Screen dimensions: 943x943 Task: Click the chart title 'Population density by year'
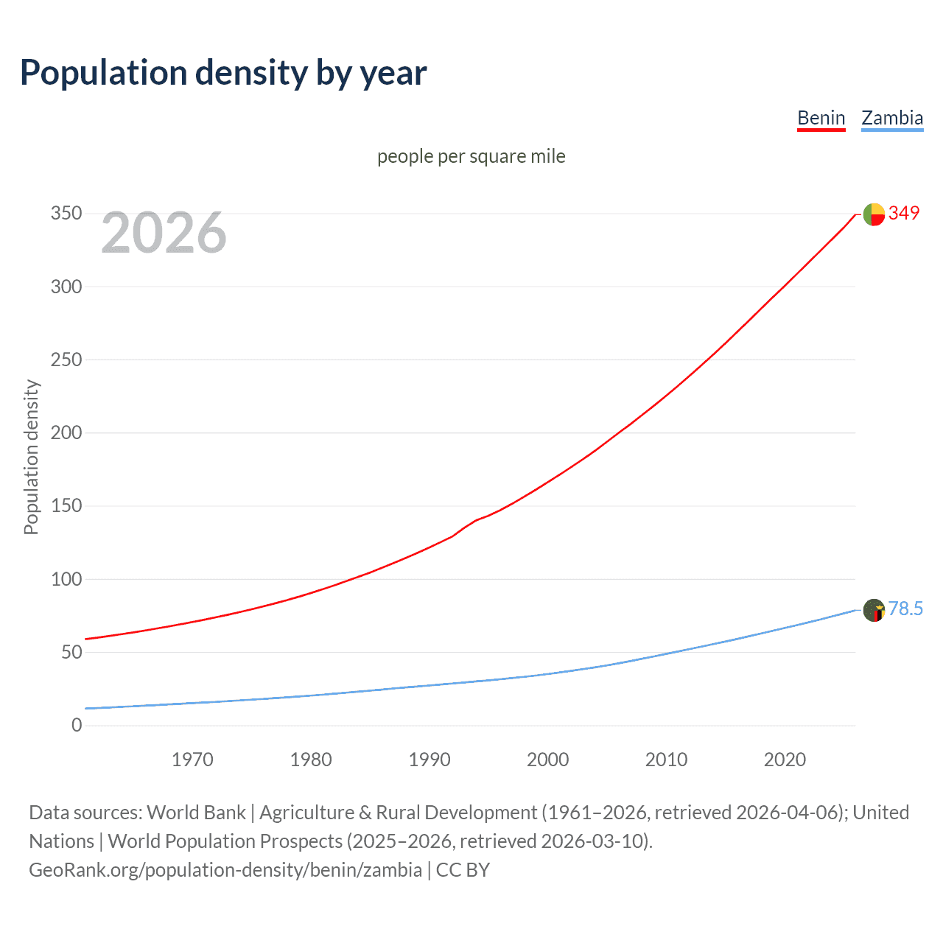tap(223, 73)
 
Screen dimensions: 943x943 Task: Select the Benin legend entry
tap(821, 118)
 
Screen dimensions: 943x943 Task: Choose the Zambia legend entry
tap(891, 118)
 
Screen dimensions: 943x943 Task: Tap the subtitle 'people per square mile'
tap(471, 156)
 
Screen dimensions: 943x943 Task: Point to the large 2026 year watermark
tap(164, 233)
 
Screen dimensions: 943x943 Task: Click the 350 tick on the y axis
tap(66, 214)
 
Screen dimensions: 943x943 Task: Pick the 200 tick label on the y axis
tap(66, 432)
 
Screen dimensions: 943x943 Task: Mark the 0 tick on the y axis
tap(77, 725)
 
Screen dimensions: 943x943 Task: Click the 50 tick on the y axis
tap(71, 652)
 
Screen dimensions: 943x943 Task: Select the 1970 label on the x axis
tap(192, 760)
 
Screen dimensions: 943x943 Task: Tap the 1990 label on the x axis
tap(430, 760)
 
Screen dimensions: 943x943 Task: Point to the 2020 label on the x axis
tap(785, 760)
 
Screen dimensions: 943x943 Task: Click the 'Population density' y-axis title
tap(31, 457)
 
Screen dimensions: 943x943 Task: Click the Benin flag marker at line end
tap(874, 214)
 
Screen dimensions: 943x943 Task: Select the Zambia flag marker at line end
tap(874, 610)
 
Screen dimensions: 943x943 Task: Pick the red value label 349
tap(904, 213)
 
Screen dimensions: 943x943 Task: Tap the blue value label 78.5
tap(905, 609)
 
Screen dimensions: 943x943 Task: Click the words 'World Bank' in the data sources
tap(196, 813)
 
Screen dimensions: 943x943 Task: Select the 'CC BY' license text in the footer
tap(463, 870)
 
